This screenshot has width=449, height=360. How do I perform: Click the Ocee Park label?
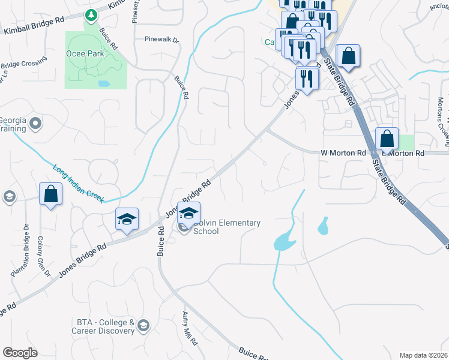(85, 53)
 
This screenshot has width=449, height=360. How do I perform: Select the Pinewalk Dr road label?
(161, 39)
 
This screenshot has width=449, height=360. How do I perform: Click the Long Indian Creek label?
(78, 183)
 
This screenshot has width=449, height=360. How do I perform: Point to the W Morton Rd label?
(343, 154)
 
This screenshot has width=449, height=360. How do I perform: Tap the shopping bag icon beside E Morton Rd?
(387, 139)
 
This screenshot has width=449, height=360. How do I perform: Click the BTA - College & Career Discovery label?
(103, 326)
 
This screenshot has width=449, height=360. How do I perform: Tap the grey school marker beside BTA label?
(143, 326)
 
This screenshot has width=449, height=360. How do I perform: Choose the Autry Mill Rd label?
(190, 329)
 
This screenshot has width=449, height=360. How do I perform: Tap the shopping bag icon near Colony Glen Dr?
(50, 194)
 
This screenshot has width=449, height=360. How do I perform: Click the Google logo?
(20, 353)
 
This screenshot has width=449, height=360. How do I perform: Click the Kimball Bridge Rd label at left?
(34, 29)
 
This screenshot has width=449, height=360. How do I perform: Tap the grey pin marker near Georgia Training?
(35, 124)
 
